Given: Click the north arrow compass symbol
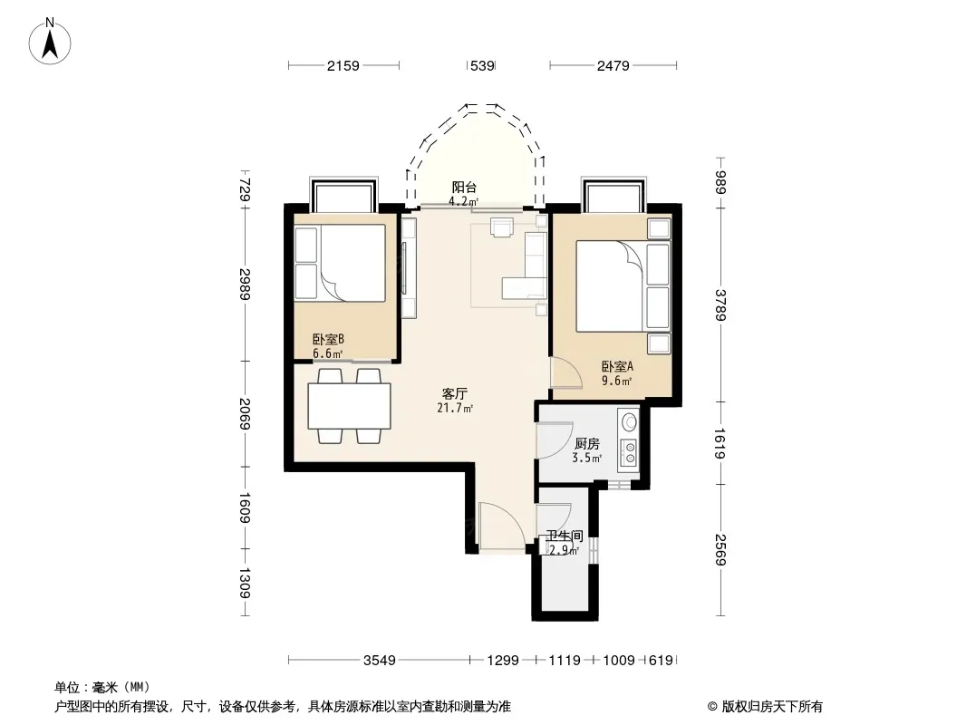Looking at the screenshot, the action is point(50,42).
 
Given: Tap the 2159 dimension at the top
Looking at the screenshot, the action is point(343,65).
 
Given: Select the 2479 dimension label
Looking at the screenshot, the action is point(613,65).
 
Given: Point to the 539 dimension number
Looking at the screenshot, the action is point(482,65).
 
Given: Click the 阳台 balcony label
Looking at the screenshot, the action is point(464,188).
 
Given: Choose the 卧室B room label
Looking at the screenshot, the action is point(328,340).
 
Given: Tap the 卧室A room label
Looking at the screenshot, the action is point(617,366).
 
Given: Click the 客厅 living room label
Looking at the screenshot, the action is point(455,393).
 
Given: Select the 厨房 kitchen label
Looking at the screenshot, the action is point(586,443).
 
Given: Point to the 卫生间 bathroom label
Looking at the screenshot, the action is point(565,536).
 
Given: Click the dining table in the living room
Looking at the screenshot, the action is point(349,406).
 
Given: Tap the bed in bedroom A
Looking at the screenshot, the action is point(623,285).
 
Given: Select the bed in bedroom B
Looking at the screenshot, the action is point(340,263).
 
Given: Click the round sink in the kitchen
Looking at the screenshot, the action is point(629,422).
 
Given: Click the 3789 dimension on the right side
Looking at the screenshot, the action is point(720,304).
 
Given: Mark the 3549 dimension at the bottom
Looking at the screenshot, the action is point(380,661).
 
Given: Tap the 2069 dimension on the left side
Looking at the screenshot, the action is point(245,414).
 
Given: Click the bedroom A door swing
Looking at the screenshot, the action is point(565,372).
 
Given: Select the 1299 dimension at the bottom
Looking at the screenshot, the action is point(503,661).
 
